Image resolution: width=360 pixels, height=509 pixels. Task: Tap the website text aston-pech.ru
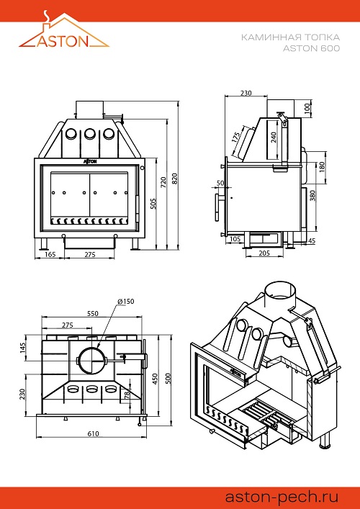click(x=282, y=497)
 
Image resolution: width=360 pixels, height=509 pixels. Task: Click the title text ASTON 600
click(x=311, y=48)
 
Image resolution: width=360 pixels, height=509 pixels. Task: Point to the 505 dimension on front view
click(x=154, y=203)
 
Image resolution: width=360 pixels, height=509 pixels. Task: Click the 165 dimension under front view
click(x=50, y=255)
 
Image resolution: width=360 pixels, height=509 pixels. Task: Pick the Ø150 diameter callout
click(x=126, y=302)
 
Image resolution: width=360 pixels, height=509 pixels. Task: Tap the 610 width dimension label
click(x=93, y=433)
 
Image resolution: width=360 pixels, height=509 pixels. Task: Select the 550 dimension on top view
click(x=92, y=314)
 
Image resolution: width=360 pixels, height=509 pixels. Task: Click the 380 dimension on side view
click(x=312, y=196)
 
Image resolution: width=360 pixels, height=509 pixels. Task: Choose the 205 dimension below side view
click(x=264, y=253)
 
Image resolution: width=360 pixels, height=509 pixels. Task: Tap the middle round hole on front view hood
click(x=90, y=133)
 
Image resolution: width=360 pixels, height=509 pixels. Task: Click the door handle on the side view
click(x=217, y=207)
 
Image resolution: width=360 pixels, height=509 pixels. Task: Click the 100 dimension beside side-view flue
click(x=307, y=109)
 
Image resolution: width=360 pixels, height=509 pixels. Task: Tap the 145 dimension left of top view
click(x=24, y=350)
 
